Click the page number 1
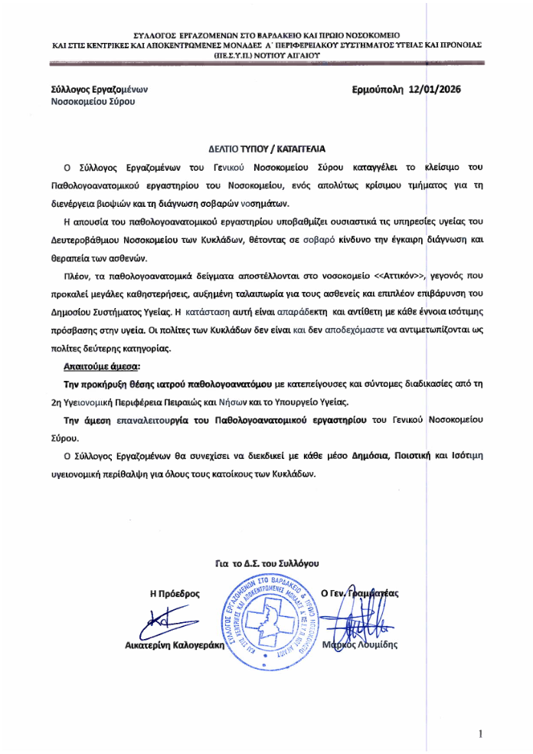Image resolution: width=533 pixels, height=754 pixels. (x=480, y=734)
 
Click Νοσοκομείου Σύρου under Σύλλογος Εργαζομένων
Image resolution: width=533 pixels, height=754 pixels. (x=93, y=101)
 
